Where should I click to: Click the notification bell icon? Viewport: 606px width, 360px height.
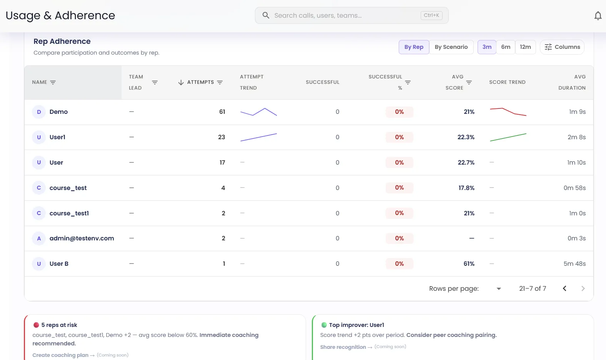coord(598,16)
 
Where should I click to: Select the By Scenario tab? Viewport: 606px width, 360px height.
coord(451,47)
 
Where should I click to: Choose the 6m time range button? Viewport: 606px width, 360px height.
coord(506,47)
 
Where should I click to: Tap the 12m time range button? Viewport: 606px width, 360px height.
coord(525,47)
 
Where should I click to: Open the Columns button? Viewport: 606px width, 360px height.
coord(562,47)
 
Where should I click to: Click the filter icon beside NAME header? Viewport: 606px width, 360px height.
coord(53,82)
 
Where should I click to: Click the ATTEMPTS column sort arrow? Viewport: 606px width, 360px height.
coord(181,82)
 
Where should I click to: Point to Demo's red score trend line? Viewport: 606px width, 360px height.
coord(508,112)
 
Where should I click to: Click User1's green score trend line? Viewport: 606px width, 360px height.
coord(508,137)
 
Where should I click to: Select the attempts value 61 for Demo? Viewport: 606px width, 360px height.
coord(222,112)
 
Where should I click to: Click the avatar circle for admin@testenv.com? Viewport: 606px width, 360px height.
coord(39,238)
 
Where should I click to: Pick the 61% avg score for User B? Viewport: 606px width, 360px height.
coord(469,264)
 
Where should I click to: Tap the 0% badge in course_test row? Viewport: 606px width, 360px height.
coord(399,188)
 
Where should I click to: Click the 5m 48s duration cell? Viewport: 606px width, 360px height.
coord(574,264)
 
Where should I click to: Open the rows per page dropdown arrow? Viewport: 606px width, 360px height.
coord(499,289)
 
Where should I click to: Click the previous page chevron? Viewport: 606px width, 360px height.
coord(564,288)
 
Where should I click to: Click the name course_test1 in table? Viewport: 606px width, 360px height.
coord(69,213)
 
